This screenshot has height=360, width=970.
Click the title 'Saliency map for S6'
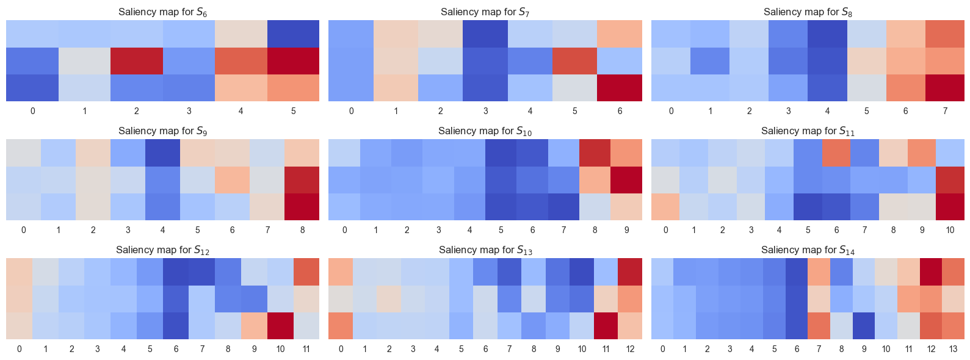[x=162, y=12]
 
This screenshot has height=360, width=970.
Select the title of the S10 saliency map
[x=485, y=131]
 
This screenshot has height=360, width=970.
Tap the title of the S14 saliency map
[x=808, y=250]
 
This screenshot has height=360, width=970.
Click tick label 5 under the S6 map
[x=294, y=111]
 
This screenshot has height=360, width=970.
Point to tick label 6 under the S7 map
[x=620, y=111]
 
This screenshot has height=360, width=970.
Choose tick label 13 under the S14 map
[x=954, y=349]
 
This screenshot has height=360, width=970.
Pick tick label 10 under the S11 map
[x=950, y=230]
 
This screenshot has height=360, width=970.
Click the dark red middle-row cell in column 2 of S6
[x=137, y=61]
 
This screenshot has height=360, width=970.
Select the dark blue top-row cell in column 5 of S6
[x=294, y=34]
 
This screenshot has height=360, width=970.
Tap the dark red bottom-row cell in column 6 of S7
[x=620, y=88]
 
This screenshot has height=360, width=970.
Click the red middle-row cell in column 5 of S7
[x=575, y=61]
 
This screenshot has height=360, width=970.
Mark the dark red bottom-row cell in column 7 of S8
[x=945, y=88]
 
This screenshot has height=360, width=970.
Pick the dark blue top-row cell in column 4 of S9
[x=162, y=153]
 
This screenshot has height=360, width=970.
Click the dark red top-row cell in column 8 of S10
[x=595, y=153]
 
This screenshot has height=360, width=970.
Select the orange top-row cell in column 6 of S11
[x=836, y=153]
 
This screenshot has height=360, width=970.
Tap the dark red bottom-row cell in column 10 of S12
[x=280, y=326]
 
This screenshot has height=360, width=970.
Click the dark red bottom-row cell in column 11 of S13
[x=606, y=326]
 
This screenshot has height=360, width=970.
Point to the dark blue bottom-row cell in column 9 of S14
[x=864, y=326]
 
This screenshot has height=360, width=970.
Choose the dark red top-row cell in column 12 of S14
[x=931, y=272]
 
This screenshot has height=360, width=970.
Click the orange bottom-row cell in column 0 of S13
[x=341, y=326]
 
